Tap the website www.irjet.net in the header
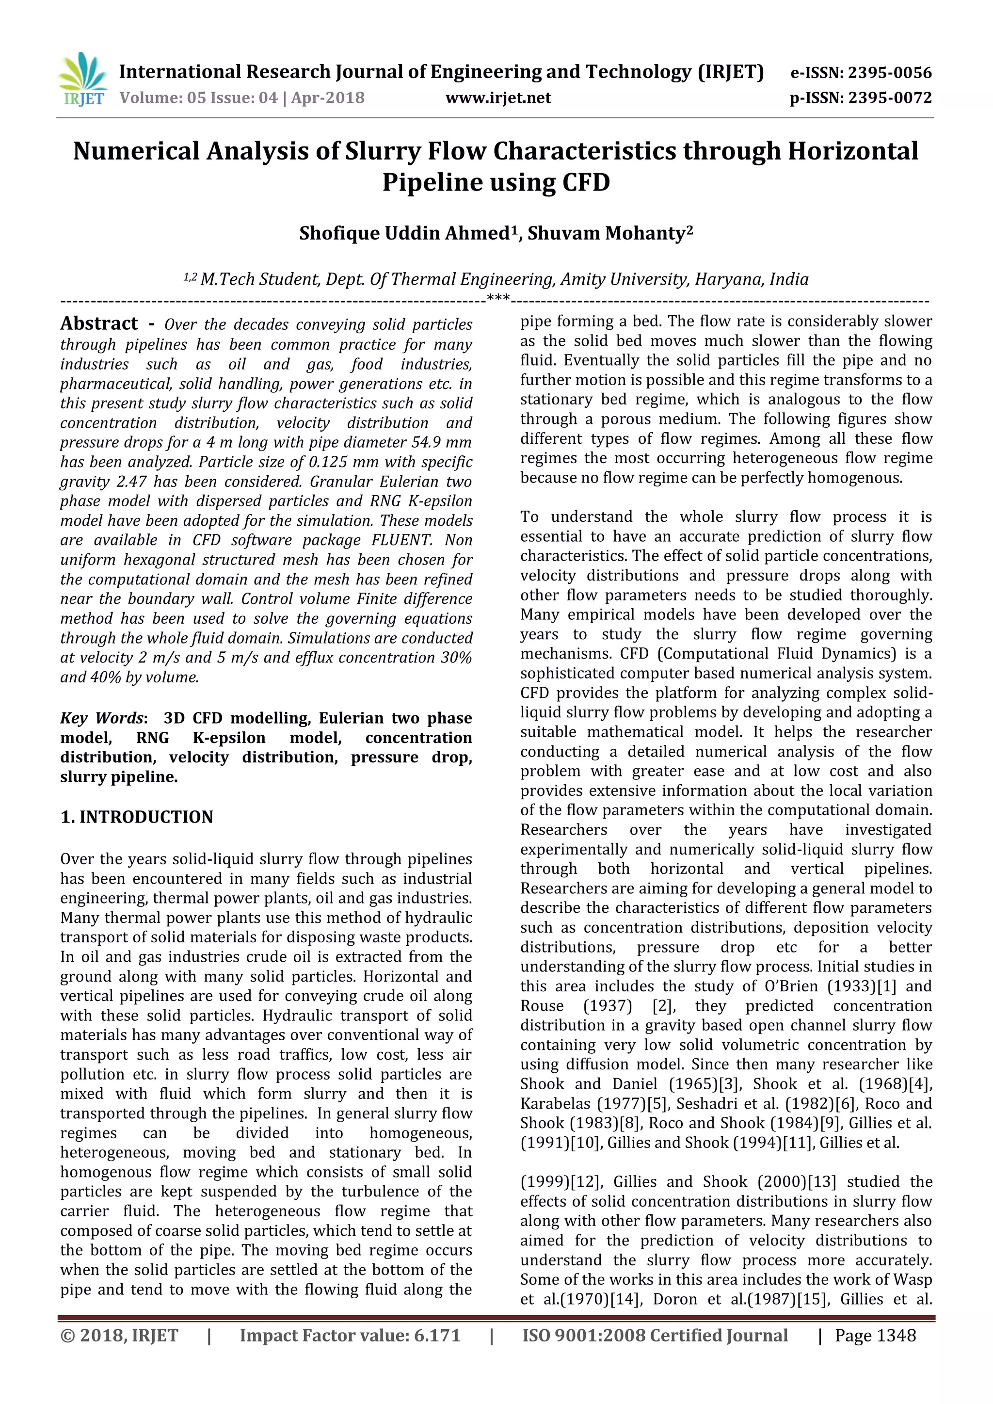498,98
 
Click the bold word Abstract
99,323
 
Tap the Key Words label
103,718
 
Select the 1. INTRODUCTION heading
136,817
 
